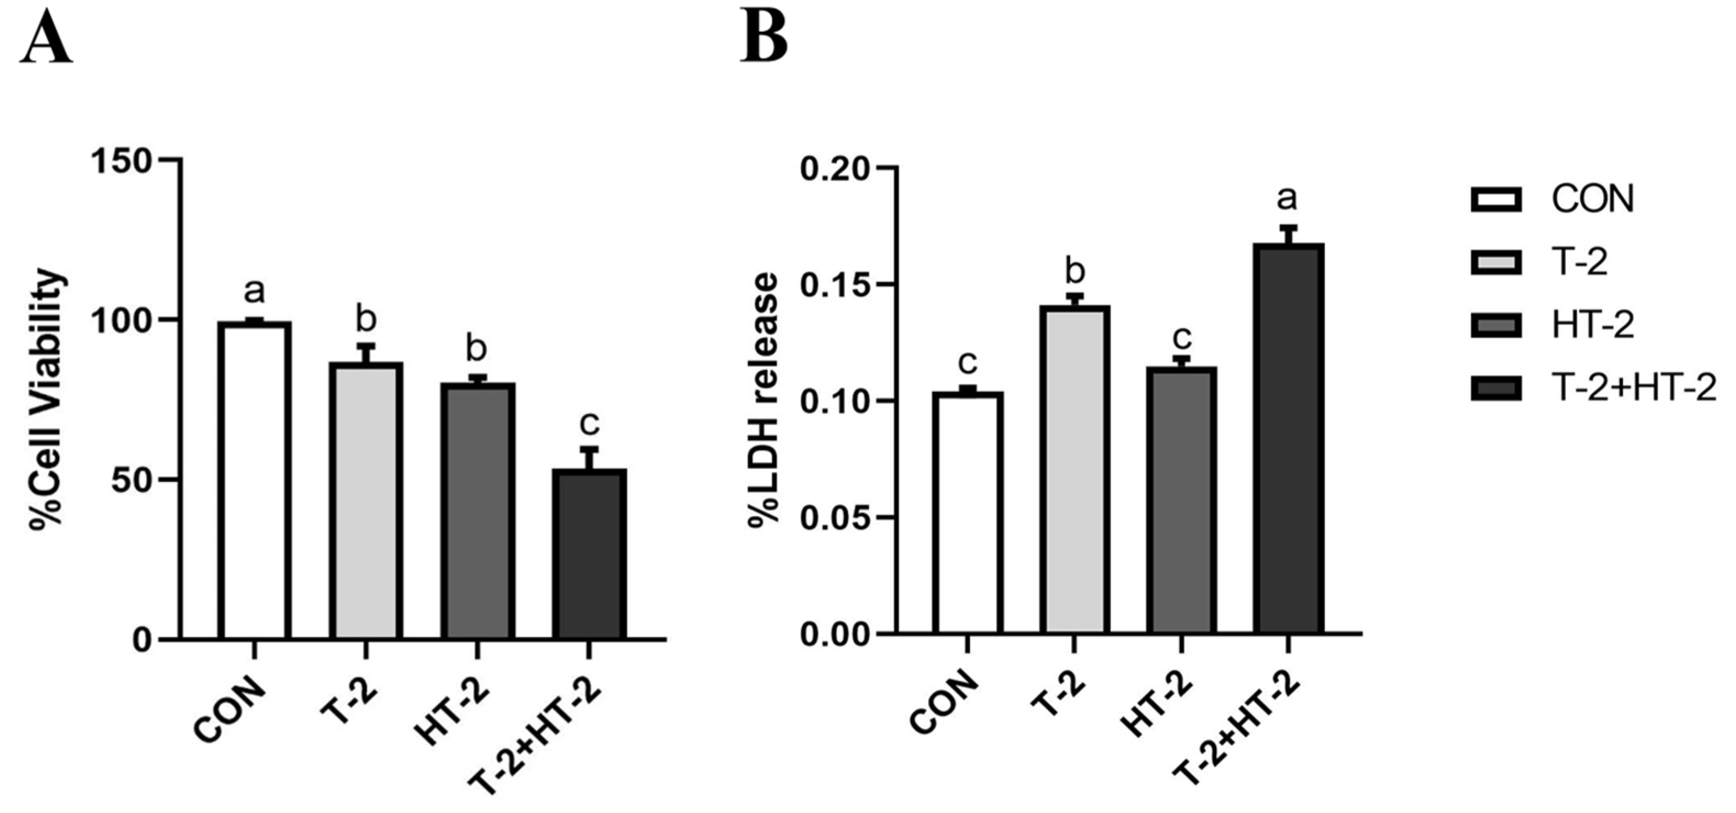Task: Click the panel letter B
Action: (x=764, y=35)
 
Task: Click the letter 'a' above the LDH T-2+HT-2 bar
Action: (x=1287, y=198)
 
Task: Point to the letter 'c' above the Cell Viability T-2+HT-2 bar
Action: (x=589, y=424)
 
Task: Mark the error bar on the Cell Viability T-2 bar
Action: (x=366, y=353)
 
